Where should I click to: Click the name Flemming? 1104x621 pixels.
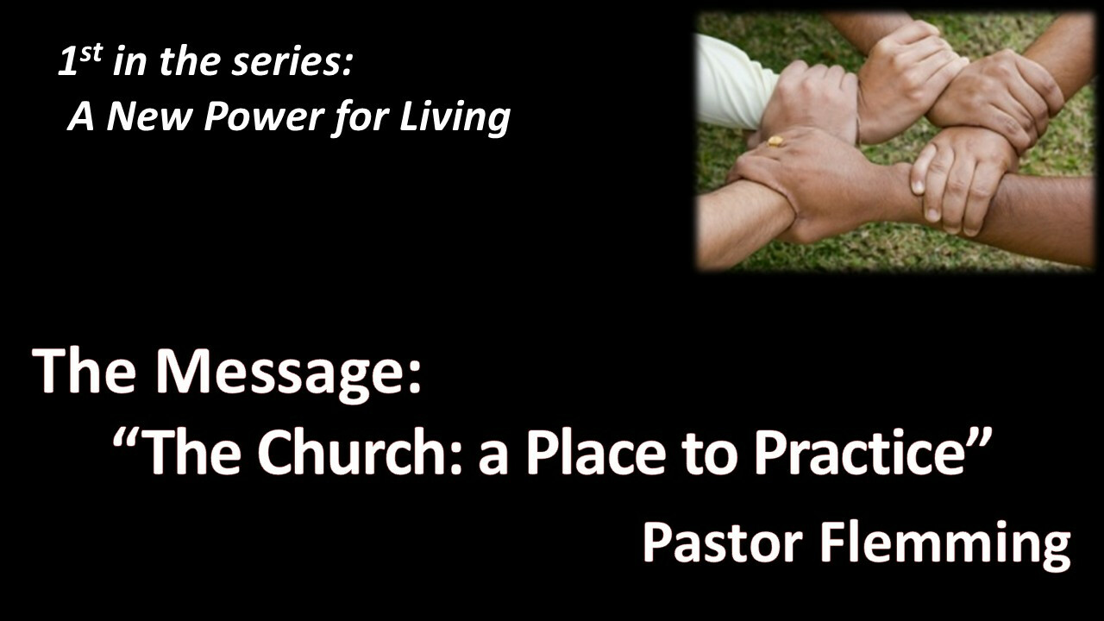(x=944, y=545)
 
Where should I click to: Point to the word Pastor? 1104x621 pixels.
(x=723, y=543)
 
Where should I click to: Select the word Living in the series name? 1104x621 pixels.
(x=455, y=117)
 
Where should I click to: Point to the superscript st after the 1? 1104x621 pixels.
(x=91, y=53)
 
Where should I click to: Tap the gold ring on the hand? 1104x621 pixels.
(x=775, y=141)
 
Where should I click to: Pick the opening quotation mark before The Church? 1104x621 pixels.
(x=125, y=437)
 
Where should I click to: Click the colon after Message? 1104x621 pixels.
(x=415, y=379)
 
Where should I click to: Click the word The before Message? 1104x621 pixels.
(x=85, y=371)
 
